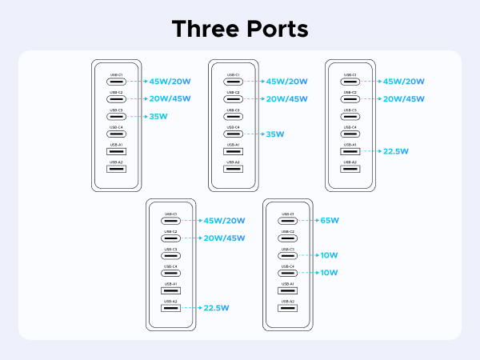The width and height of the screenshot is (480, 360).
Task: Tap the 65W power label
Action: point(329,220)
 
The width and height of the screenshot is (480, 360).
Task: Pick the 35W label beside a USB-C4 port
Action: point(275,134)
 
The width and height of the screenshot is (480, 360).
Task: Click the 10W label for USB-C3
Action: point(329,255)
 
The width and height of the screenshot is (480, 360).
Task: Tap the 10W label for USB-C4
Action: point(329,273)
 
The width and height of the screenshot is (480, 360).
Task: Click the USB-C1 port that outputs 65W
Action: point(286,220)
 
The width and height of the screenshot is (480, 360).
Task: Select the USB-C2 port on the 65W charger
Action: point(286,238)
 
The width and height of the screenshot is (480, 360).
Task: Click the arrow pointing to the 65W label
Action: point(309,220)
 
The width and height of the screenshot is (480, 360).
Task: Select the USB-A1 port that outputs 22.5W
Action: point(350,150)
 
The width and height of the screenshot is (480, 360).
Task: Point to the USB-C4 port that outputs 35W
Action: point(233,134)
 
